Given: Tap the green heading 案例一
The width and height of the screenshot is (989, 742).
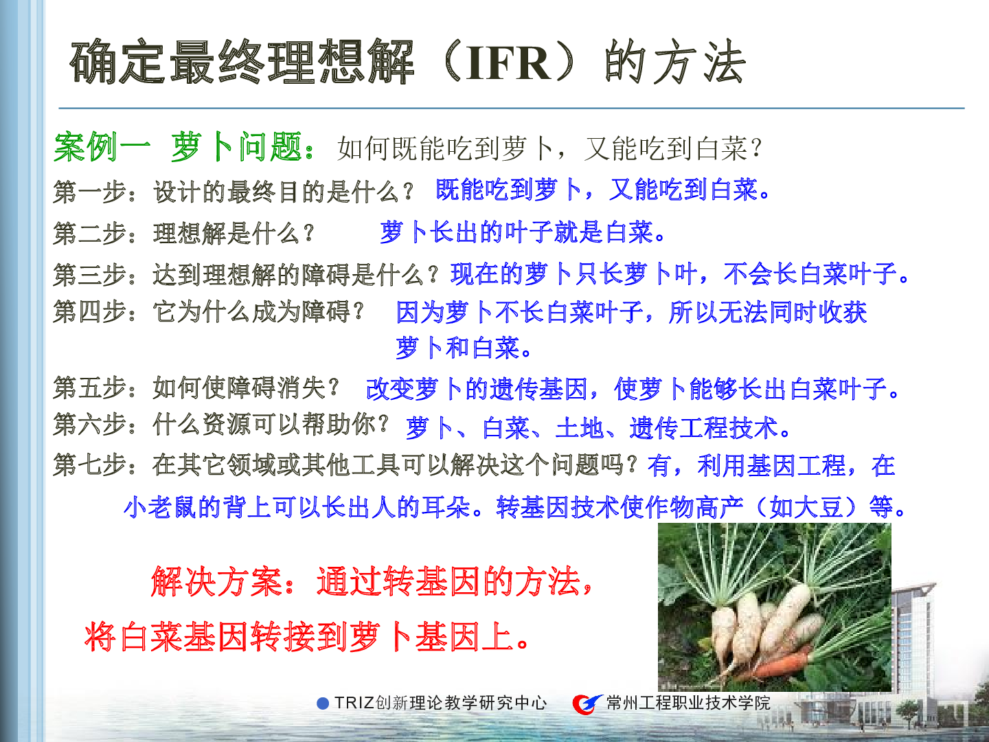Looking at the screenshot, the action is coord(102,147).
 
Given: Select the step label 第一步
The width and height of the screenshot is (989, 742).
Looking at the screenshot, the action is coord(89,192).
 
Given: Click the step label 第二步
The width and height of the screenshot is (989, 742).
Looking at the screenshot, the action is coord(89,233).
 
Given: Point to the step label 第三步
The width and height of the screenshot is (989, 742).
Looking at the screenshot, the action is coord(89,274).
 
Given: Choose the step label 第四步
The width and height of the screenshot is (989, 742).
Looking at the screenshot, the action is coord(89,311).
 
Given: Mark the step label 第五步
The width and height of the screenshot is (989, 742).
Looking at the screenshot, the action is coord(89,387).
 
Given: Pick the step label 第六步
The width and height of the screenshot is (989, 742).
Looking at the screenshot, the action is coord(89,425).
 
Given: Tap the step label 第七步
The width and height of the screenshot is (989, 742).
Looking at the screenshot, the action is coord(89,464).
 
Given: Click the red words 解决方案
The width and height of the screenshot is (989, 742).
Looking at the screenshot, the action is coord(217,582).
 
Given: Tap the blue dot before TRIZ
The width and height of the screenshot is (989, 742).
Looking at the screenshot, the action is coord(323,704).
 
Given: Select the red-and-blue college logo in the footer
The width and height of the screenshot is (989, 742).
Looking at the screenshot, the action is coord(587,704).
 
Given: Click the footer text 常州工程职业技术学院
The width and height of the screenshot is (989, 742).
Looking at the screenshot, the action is coord(688,703).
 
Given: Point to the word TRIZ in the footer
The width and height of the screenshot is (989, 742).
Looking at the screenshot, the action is coord(354,703).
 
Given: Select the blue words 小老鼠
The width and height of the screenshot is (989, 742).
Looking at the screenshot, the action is coord(160,507).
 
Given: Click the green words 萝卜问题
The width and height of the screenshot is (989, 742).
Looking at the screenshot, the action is coord(236,147).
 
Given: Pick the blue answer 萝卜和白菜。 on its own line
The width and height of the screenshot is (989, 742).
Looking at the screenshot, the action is coord(464,348).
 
